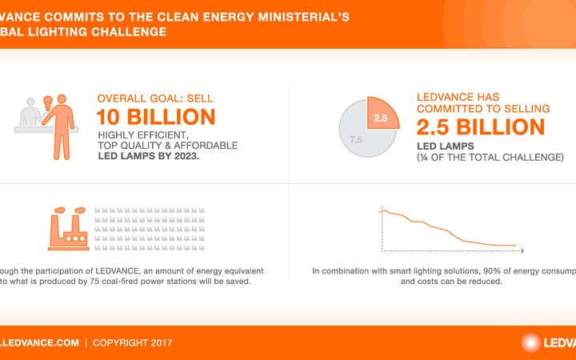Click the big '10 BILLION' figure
click(x=156, y=117)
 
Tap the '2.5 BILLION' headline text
click(x=481, y=126)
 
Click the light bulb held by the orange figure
click(x=47, y=102)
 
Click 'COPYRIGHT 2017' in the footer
click(x=133, y=342)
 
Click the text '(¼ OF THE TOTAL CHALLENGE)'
click(x=490, y=158)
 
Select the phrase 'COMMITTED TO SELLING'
click(x=483, y=108)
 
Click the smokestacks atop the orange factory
click(x=67, y=214)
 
